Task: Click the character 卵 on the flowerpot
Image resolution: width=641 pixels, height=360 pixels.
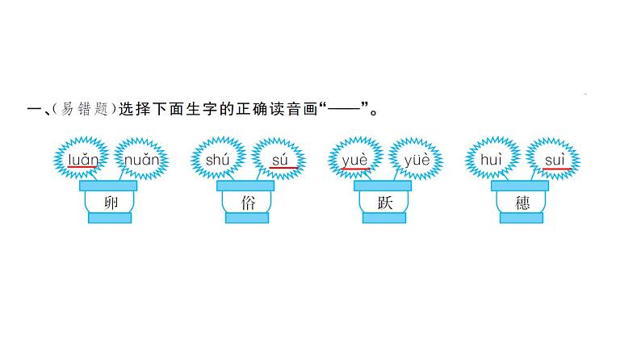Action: pos(111,203)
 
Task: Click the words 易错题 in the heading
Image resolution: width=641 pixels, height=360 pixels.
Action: pos(78,111)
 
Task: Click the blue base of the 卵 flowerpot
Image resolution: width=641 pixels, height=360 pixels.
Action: pos(111,218)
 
